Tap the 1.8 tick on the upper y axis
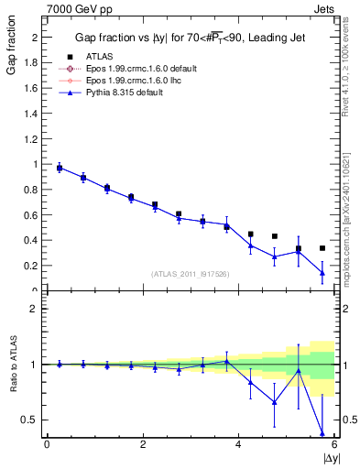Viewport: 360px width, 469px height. [34, 62]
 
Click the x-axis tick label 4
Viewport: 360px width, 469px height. [238, 444]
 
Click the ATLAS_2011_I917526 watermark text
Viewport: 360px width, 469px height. [191, 274]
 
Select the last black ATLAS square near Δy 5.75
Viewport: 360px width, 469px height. [322, 248]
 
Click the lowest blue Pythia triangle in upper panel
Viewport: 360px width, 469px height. [322, 272]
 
